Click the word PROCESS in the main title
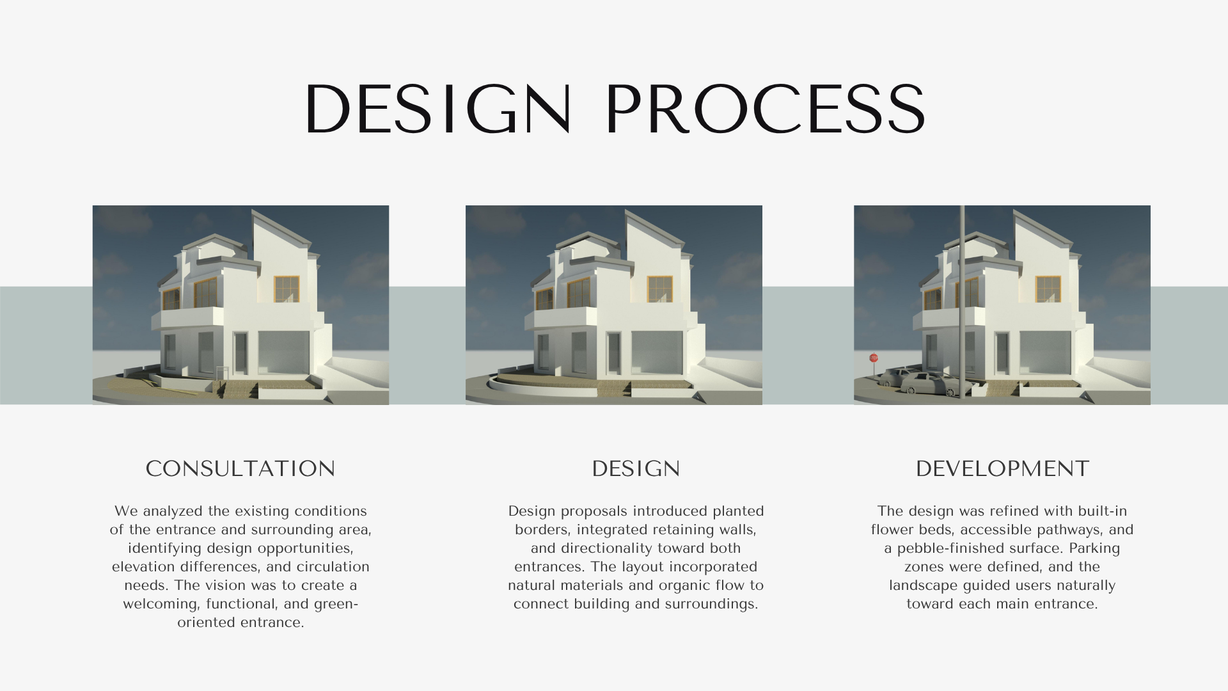(765, 109)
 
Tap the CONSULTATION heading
(240, 469)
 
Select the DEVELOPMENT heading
(1002, 469)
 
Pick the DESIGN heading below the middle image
(636, 469)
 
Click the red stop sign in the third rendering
(874, 358)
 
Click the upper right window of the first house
(287, 289)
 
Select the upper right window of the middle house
(660, 289)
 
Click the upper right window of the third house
(1048, 289)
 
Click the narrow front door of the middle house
(614, 354)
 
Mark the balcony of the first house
(189, 318)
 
